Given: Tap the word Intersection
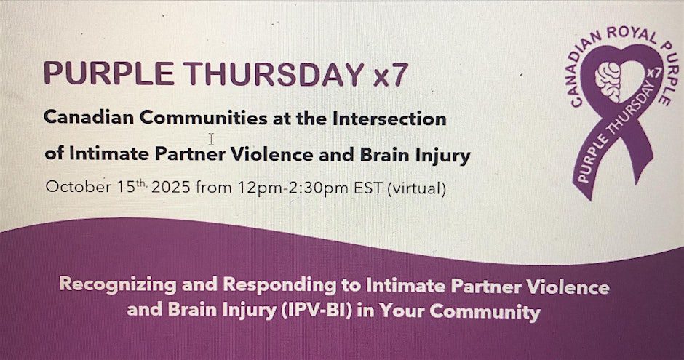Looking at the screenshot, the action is click(x=389, y=119).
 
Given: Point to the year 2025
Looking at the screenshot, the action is click(x=170, y=188).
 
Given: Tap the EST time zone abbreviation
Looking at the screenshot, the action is click(x=368, y=188).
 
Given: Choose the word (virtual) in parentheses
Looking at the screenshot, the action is click(x=417, y=189).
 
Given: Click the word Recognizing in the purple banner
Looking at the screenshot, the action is click(x=118, y=284).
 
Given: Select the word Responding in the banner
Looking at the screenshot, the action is click(x=279, y=285).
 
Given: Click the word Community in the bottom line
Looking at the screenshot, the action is click(x=485, y=311).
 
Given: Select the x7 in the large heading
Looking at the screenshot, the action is click(x=391, y=75).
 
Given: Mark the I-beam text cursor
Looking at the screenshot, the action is click(x=211, y=139).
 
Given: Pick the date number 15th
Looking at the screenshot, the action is click(x=131, y=186).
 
